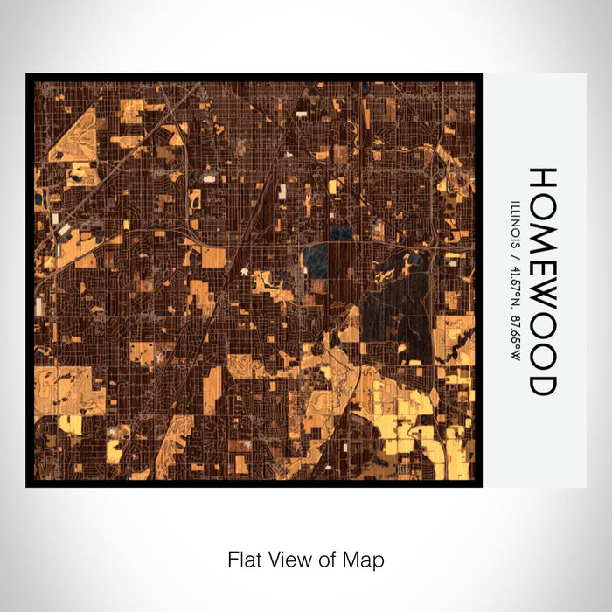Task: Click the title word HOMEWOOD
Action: [x=543, y=281]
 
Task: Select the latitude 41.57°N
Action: [x=514, y=285]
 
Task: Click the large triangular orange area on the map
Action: [x=77, y=136]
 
